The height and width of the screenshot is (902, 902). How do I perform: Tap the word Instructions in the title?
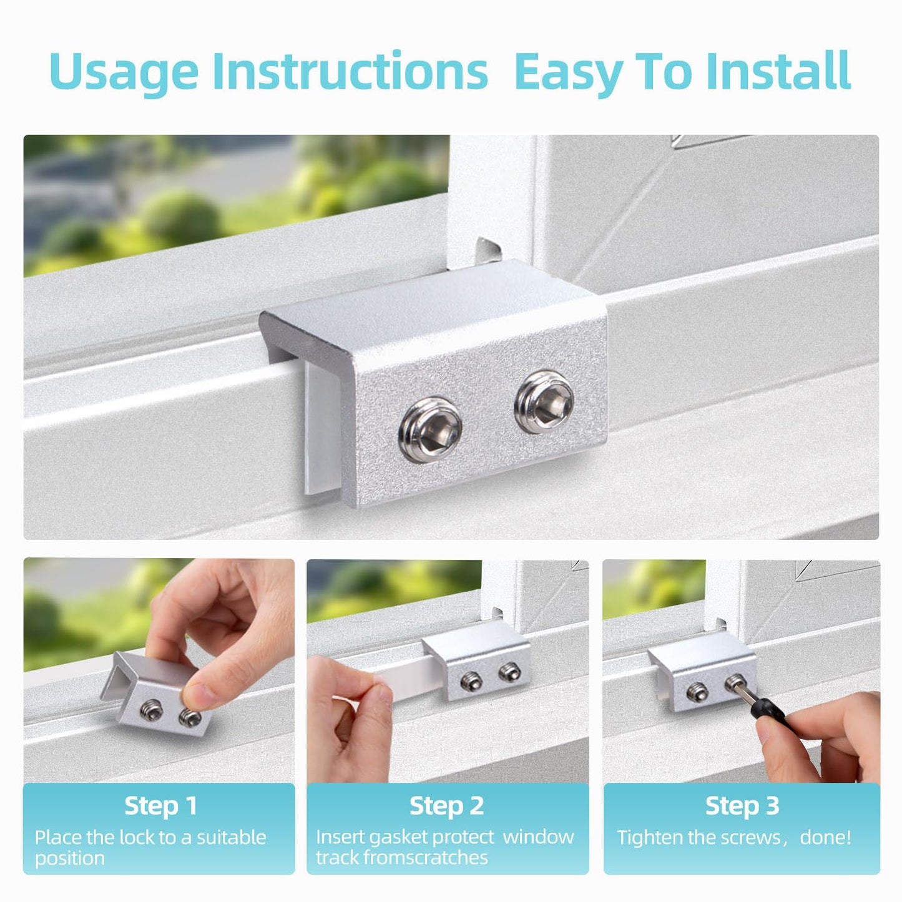click(350, 71)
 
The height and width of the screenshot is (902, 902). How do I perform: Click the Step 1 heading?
click(160, 805)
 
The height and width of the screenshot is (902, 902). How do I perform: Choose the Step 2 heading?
click(446, 805)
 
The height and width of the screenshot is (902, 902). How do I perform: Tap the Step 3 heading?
click(742, 805)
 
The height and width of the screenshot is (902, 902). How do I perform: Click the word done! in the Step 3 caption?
click(825, 837)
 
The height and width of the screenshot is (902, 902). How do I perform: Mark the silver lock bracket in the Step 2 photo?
click(481, 674)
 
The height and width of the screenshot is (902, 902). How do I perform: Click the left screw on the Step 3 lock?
click(697, 690)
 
